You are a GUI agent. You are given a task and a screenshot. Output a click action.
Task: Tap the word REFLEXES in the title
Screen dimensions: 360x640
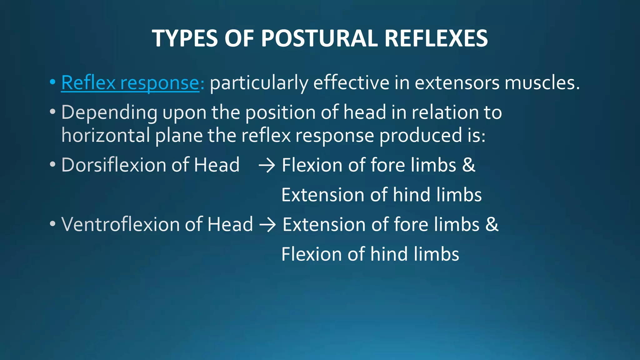[x=436, y=38]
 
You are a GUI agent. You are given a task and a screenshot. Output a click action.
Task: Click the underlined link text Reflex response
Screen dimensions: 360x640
[x=130, y=83]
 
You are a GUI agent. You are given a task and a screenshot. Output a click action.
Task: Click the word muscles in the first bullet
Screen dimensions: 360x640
[x=542, y=83]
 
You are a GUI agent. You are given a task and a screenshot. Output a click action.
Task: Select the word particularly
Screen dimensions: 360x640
[x=259, y=83]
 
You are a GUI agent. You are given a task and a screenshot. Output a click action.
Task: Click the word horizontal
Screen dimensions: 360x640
[x=106, y=136]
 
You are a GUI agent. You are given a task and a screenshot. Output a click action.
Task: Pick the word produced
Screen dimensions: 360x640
[x=420, y=136]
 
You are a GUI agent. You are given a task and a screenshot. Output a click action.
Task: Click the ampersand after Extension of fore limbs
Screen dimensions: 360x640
[x=492, y=224]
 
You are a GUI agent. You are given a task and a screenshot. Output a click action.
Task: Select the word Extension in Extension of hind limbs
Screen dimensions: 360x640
[x=323, y=195]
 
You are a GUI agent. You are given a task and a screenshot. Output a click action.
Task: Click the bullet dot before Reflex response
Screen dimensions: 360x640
[x=52, y=82]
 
